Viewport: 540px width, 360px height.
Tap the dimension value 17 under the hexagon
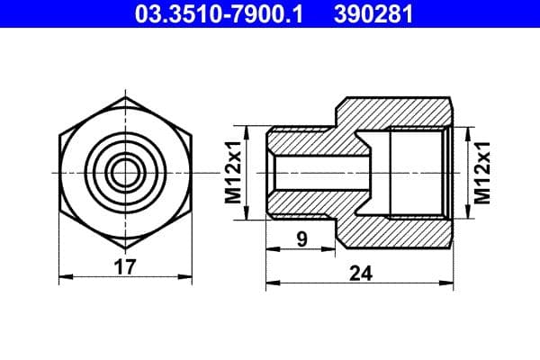coord(125,267)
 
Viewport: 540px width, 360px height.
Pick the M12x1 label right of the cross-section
coord(484,171)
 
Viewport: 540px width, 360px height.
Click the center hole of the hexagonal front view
coord(125,171)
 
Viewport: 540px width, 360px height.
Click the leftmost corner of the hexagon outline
coord(57,171)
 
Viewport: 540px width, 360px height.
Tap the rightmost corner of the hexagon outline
coord(193,171)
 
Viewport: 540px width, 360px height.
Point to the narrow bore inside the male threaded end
coord(319,171)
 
